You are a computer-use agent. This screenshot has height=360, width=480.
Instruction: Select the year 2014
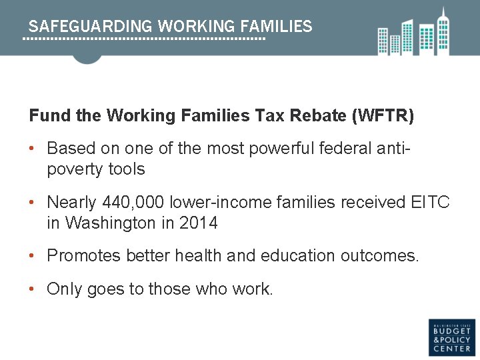[x=198, y=223]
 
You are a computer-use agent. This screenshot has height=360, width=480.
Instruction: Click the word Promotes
[x=83, y=256]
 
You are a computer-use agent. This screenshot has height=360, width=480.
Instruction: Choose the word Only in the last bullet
[x=63, y=289]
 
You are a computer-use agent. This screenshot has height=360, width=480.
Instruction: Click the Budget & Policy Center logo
[x=451, y=337]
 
